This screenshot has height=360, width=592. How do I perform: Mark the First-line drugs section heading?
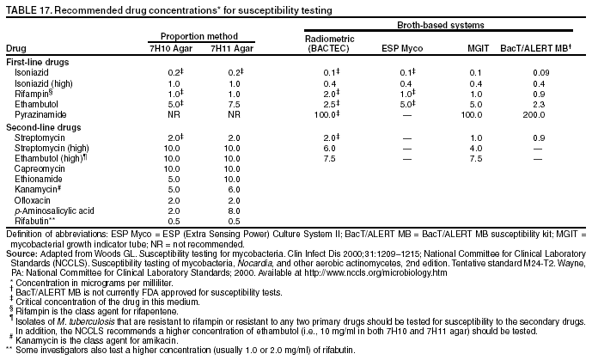point(38,63)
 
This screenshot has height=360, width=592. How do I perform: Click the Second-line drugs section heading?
point(44,127)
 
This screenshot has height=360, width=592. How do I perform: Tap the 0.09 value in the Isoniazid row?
point(540,73)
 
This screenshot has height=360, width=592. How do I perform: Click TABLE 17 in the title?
point(27,9)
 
